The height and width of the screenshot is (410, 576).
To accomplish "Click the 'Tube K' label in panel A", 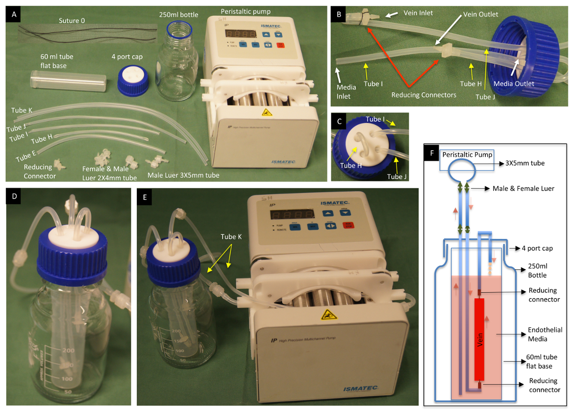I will pos(22,110).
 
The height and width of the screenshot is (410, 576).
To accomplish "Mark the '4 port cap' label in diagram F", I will pos(541,248).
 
